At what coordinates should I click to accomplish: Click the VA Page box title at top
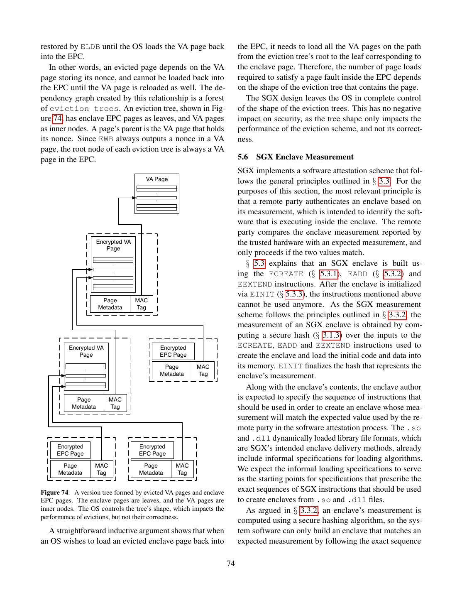(156, 179)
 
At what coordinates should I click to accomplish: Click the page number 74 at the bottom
(231, 563)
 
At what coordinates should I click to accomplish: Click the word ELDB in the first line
(90, 47)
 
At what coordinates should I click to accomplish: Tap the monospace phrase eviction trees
(84, 108)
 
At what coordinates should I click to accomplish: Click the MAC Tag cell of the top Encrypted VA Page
(142, 304)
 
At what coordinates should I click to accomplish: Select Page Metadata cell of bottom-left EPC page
(70, 469)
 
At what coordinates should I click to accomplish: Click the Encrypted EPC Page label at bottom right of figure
(152, 450)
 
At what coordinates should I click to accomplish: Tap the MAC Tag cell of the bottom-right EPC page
(182, 469)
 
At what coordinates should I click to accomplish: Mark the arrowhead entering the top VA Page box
(134, 198)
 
